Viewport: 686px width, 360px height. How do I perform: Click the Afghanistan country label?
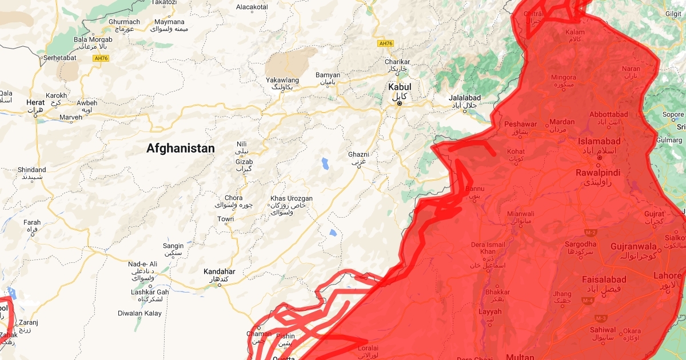pyautogui.click(x=181, y=149)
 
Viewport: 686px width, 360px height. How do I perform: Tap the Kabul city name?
pyautogui.click(x=400, y=87)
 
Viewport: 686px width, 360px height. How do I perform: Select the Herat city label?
pyautogui.click(x=35, y=102)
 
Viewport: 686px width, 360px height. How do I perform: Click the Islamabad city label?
pyautogui.click(x=599, y=141)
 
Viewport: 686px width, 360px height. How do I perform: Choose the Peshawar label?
pyautogui.click(x=520, y=124)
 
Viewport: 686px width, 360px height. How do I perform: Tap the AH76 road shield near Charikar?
pyautogui.click(x=386, y=43)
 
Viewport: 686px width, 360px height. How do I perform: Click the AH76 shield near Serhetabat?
pyautogui.click(x=101, y=58)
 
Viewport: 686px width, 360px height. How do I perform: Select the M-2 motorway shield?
pyautogui.click(x=591, y=233)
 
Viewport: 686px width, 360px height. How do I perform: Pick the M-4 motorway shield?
pyautogui.click(x=588, y=300)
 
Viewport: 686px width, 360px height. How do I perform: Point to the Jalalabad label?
pyautogui.click(x=465, y=98)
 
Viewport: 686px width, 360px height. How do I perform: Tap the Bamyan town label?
pyautogui.click(x=328, y=75)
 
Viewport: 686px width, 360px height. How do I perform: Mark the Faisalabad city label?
pyautogui.click(x=605, y=279)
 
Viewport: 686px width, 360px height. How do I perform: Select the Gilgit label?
pyautogui.click(x=673, y=14)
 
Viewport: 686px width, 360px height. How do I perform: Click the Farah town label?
pyautogui.click(x=32, y=222)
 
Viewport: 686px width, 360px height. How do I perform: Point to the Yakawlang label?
pyautogui.click(x=282, y=80)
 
